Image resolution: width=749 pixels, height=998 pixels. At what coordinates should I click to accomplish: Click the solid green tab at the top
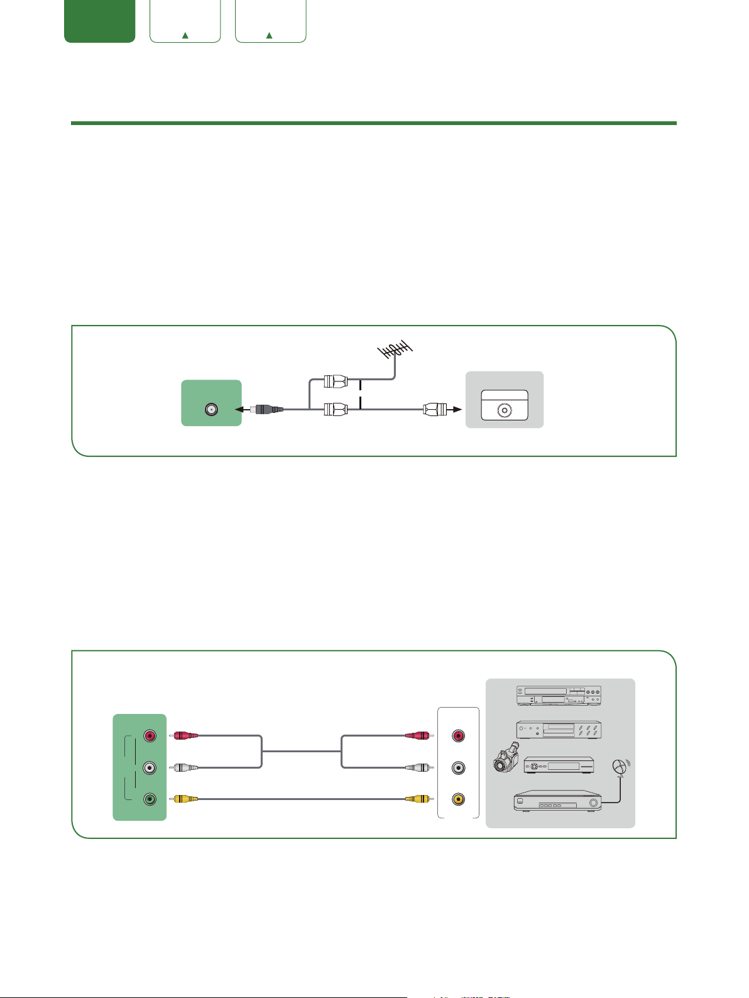point(99,21)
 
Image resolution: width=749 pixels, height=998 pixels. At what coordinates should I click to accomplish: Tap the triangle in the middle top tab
point(185,35)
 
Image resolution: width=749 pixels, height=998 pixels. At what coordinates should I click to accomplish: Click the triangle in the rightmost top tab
point(270,35)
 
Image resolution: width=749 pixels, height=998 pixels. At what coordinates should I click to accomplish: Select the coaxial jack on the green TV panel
point(210,409)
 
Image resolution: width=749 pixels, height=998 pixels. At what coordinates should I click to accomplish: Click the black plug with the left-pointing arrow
point(268,410)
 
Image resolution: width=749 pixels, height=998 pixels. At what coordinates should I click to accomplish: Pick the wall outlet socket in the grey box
point(504,409)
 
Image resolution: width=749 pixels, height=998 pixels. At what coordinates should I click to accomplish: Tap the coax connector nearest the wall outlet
point(435,410)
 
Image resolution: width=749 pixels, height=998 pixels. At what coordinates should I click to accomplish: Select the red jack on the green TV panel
point(150,735)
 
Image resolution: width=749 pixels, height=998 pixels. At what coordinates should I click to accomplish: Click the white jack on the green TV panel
point(150,767)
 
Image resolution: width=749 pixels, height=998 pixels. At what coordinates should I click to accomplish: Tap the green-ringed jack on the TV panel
point(150,799)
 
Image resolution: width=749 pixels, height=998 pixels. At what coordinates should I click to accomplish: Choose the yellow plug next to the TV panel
point(186,799)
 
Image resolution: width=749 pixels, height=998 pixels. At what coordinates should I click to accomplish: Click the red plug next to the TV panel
point(186,735)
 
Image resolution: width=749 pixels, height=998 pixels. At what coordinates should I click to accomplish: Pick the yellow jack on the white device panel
point(459,799)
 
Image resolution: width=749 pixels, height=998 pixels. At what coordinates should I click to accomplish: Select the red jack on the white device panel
point(459,735)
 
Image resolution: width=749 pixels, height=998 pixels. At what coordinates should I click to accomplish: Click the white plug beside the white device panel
point(418,767)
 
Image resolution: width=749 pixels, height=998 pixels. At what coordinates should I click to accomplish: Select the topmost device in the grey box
point(559,695)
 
